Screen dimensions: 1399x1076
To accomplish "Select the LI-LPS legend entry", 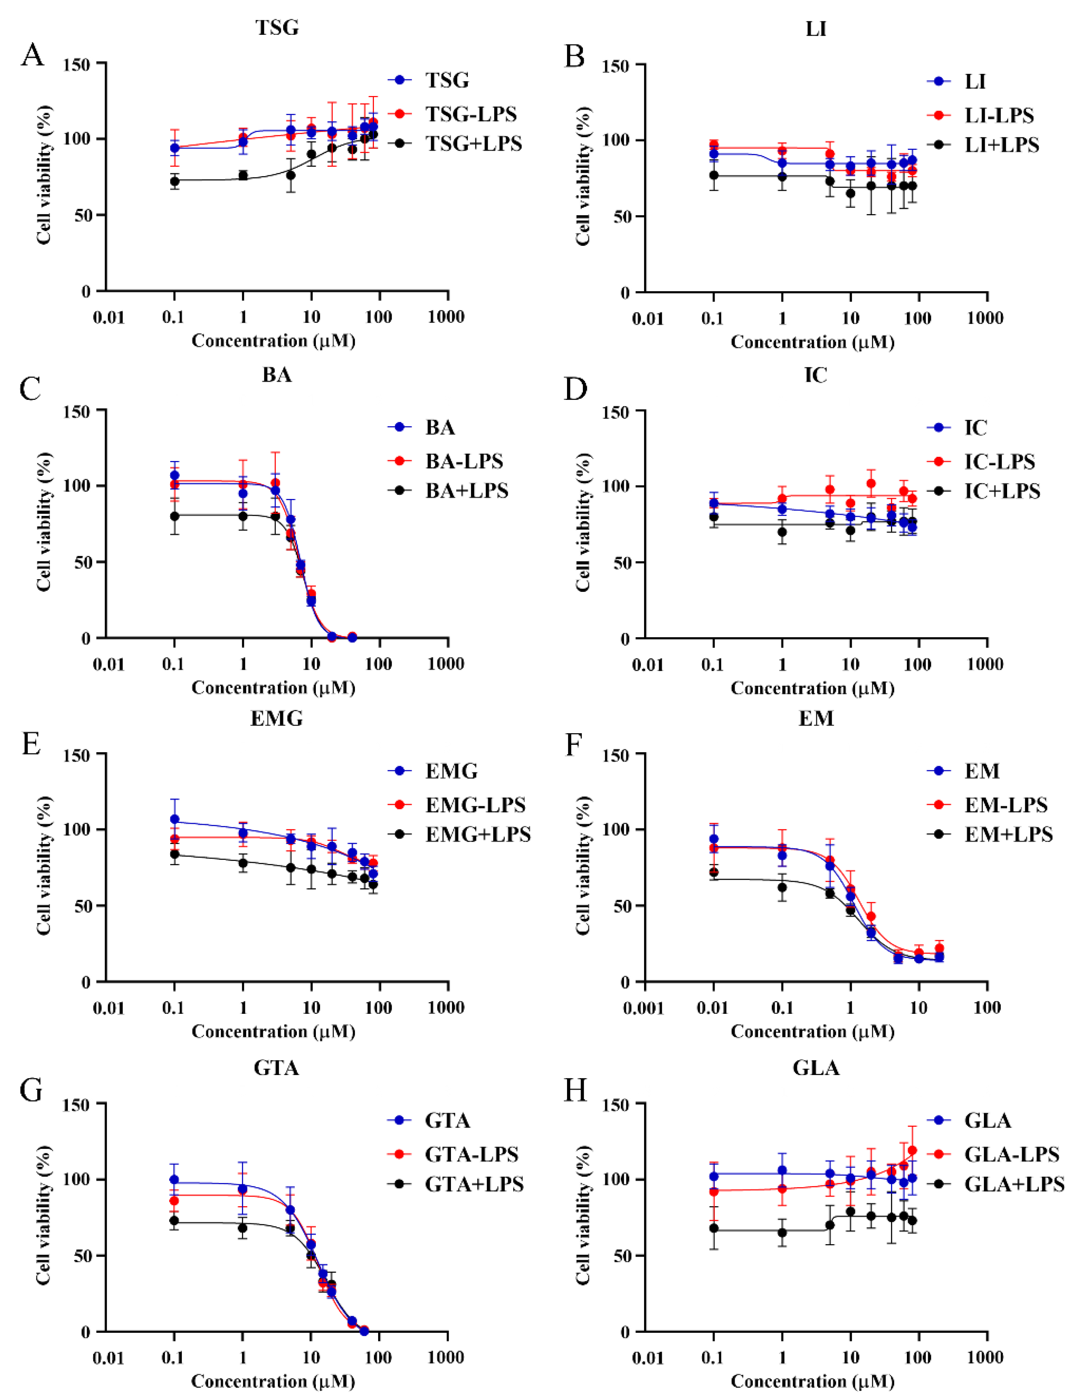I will point(999,115).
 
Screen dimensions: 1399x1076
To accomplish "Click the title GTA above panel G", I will point(277,1068).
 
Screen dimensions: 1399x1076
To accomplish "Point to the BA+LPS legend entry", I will point(466,491).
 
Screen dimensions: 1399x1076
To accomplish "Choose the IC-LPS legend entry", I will point(999,461).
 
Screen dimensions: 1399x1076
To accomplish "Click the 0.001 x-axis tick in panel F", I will point(644,1008).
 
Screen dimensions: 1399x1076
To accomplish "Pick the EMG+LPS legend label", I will point(478,834).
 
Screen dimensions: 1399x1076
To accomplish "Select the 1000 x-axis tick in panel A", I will point(446,316).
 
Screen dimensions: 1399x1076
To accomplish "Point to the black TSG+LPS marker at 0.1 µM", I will point(174,181).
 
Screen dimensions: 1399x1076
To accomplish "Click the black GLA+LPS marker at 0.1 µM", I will point(713,1229).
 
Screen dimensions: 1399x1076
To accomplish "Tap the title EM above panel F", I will point(816,719).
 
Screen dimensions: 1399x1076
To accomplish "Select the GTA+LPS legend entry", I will point(474,1184).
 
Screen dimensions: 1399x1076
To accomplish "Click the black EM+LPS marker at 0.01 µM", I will point(713,873).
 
